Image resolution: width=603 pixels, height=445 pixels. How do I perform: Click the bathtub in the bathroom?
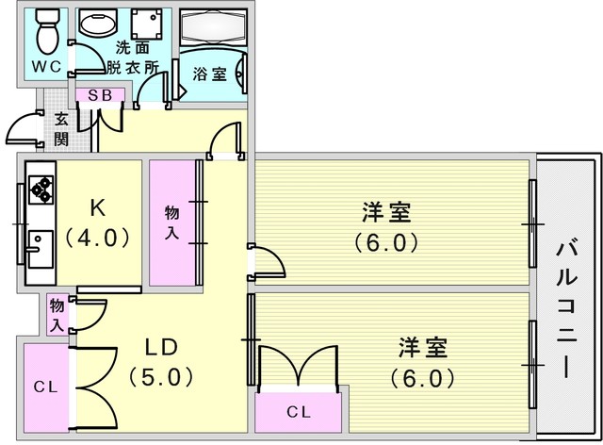212,30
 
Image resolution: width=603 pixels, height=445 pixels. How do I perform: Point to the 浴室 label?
209,74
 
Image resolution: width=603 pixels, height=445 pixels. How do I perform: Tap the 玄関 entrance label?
60,128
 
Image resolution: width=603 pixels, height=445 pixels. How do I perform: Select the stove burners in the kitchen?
41,188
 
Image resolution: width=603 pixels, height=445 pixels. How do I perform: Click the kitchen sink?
40,249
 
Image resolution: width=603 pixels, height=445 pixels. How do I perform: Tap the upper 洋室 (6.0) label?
386,226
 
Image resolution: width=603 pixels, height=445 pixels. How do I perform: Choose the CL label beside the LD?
43,386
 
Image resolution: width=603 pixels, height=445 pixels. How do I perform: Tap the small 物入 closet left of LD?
57,314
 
